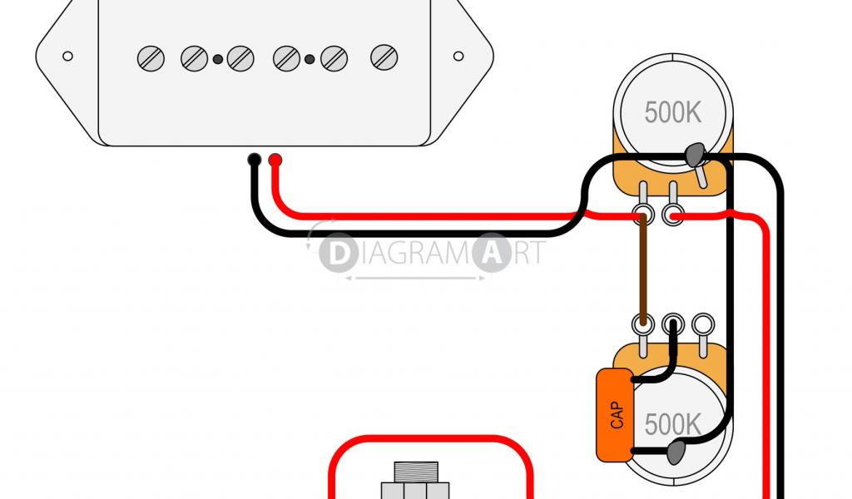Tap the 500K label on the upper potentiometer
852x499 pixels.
[672, 112]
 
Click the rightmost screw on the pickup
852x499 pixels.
[384, 57]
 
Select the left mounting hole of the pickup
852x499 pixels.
[67, 57]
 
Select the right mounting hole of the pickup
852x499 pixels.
[458, 57]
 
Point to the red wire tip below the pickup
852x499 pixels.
[275, 159]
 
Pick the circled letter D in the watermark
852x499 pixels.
[338, 254]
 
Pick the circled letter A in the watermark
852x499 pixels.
[492, 254]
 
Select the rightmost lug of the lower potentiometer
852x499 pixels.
[704, 323]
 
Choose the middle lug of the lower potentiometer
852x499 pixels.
[673, 323]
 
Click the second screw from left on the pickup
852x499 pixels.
[194, 57]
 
